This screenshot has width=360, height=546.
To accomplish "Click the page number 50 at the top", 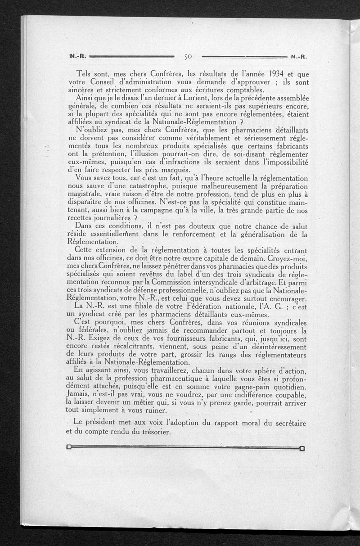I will (188, 57).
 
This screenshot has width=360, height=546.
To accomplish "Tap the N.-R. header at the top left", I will (77, 57).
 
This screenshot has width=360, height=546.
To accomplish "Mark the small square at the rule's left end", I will (69, 448).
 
